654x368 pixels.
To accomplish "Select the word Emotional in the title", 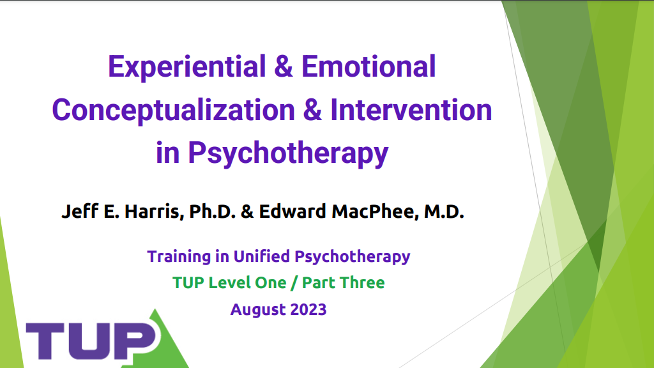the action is tap(369, 66).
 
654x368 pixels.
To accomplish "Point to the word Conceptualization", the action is tap(174, 111).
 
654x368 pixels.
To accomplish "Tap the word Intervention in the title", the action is tap(411, 110).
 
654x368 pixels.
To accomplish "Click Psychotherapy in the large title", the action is tap(288, 154).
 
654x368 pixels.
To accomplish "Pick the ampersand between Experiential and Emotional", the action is tap(284, 66).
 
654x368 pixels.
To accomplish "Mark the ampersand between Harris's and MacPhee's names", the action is tap(247, 211).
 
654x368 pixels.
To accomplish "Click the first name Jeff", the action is tap(80, 211).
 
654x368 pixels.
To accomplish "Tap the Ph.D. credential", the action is tap(212, 211).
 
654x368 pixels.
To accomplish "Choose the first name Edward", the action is tap(293, 211).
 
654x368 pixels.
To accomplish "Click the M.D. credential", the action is tap(445, 211).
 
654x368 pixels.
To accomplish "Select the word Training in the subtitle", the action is tap(179, 257).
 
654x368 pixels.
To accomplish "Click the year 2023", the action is tap(308, 310).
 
